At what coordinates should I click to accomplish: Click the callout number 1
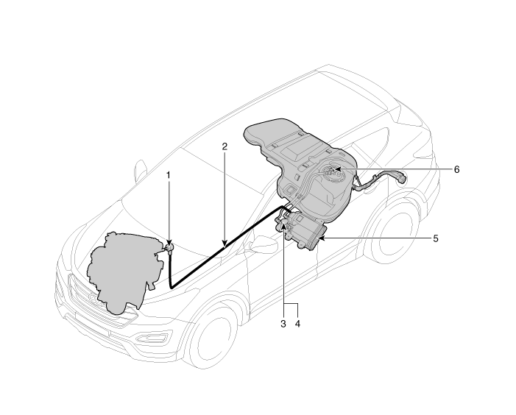[x=169, y=175]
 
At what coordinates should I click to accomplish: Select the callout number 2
[x=225, y=146]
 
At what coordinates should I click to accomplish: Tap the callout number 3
[x=283, y=324]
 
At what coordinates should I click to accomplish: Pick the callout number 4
[x=297, y=324]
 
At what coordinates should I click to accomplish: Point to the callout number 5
[x=435, y=238]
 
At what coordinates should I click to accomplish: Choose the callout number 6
[x=456, y=170]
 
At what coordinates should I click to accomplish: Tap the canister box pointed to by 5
[x=305, y=231]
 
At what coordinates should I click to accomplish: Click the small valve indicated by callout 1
[x=170, y=248]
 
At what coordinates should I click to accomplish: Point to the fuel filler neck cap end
[x=402, y=177]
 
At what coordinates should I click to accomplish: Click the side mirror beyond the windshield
[x=141, y=169]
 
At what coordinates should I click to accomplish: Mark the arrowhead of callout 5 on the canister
[x=322, y=238]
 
